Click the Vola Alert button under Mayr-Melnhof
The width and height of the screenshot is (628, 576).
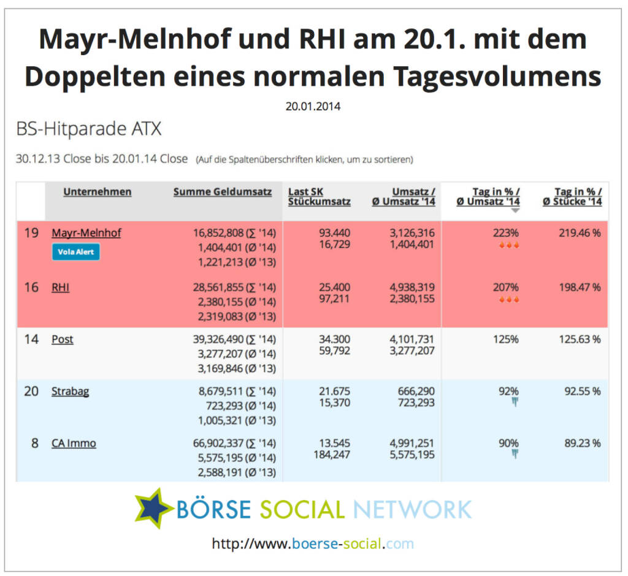coord(75,252)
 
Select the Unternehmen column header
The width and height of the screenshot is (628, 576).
coord(97,192)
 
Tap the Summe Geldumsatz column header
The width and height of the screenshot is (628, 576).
coord(222,192)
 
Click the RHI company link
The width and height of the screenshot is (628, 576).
coord(60,287)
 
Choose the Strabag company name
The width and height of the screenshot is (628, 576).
coord(70,391)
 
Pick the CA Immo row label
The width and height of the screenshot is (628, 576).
coord(74,443)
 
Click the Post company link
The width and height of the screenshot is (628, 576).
coord(63,339)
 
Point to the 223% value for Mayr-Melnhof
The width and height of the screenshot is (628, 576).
coord(506,233)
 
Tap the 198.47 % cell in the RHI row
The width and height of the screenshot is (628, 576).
coord(580,287)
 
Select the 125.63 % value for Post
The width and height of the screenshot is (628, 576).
coord(580,339)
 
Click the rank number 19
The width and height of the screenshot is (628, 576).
coord(31,233)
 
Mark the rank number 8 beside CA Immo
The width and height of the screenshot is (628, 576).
coord(34,443)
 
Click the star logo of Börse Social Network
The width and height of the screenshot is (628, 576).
coord(153,507)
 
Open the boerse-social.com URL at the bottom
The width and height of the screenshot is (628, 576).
coord(313,544)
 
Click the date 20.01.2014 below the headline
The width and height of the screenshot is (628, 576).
coord(313,106)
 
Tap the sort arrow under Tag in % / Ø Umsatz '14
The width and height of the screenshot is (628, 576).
coord(515,210)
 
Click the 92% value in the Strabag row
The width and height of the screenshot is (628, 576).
coord(508,391)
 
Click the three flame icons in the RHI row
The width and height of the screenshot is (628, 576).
coord(508,300)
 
